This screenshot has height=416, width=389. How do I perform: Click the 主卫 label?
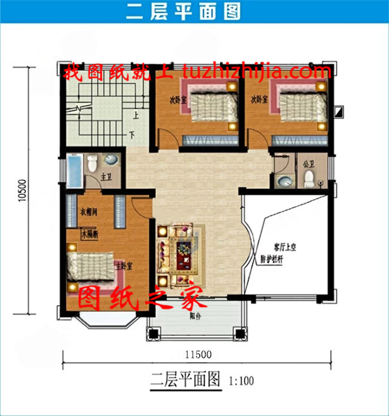pyautogui.click(x=107, y=177)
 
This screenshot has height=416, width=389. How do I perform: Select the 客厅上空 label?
pyautogui.click(x=269, y=247)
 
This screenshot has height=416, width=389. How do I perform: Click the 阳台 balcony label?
pyautogui.click(x=195, y=316)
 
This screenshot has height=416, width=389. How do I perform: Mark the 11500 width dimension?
pyautogui.click(x=197, y=354)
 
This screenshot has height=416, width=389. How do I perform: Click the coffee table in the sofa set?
pyautogui.click(x=184, y=249)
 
